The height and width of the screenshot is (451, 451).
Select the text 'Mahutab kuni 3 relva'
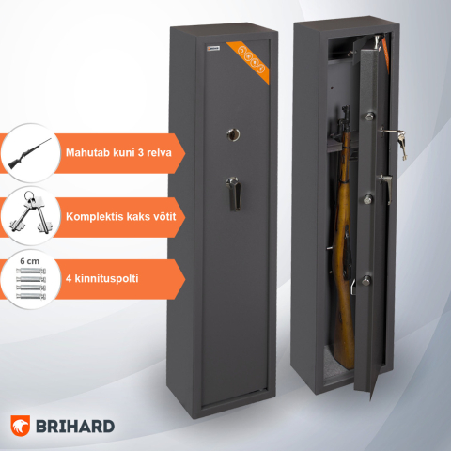point(117,152)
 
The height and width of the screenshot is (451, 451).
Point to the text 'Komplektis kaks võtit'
point(119,216)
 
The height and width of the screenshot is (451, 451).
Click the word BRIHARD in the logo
point(77,426)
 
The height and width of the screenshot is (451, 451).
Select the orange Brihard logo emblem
point(23,426)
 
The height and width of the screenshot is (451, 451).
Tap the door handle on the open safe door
point(385,179)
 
